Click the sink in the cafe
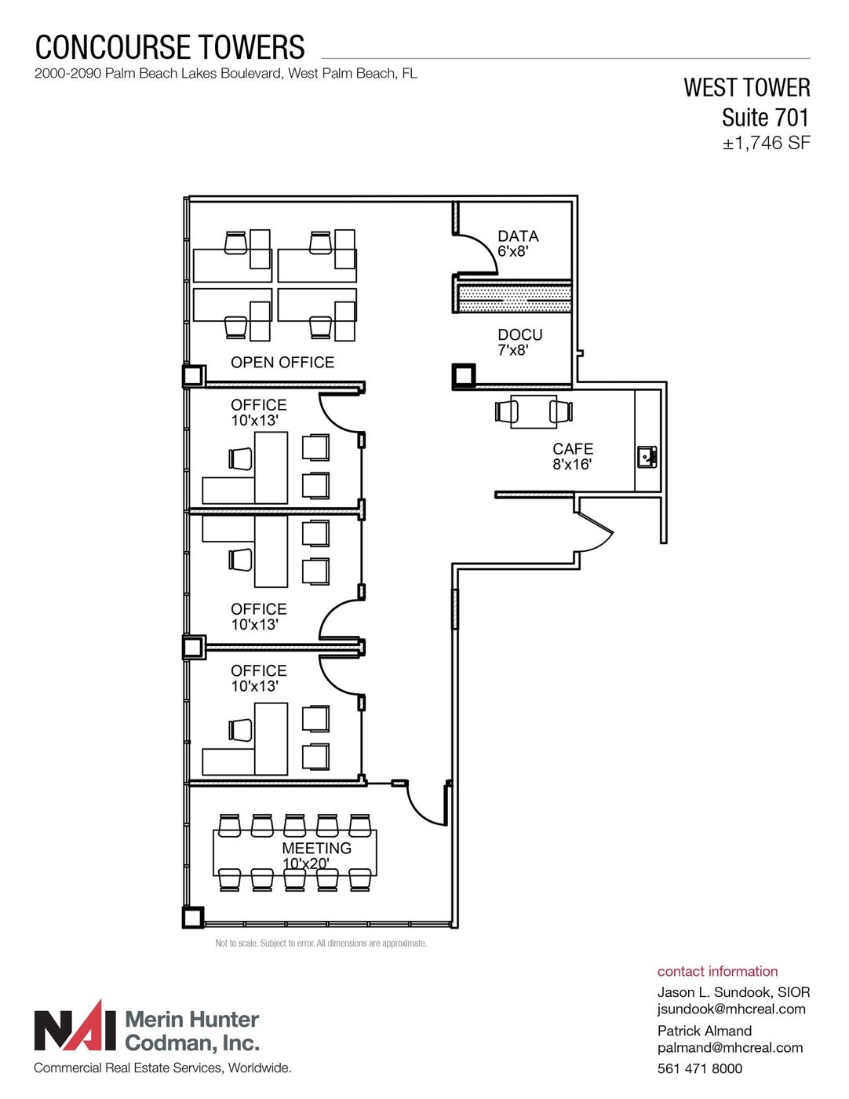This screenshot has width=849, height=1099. click(647, 457)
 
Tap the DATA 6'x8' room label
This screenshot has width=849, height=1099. click(518, 243)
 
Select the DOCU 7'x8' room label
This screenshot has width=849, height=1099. click(519, 342)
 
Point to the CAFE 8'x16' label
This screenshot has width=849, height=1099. click(573, 456)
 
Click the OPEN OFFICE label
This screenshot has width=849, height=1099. click(282, 362)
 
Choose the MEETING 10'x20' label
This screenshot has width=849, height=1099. click(316, 855)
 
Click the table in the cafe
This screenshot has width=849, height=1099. click(534, 411)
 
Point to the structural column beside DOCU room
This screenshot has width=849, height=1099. click(464, 376)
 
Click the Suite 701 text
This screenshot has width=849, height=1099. click(765, 117)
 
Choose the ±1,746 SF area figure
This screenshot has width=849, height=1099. click(766, 143)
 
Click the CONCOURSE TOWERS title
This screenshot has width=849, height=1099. click(169, 47)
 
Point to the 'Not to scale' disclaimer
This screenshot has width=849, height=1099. click(321, 944)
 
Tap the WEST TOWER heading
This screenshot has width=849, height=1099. click(746, 87)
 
